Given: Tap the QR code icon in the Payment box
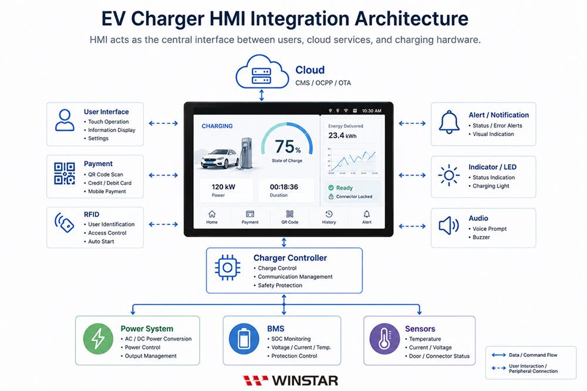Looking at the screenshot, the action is [65, 173].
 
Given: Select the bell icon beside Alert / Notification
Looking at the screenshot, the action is [449, 122].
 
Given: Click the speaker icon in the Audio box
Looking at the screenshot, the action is [448, 225].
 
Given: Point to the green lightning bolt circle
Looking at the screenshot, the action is [98, 339].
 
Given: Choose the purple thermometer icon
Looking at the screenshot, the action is [384, 339].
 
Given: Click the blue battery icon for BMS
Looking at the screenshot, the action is [244, 339].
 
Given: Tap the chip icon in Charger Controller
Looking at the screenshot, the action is [227, 267].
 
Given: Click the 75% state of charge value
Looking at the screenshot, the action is [288, 146].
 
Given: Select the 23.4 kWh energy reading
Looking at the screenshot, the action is [342, 136].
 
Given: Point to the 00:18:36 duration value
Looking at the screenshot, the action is [284, 187].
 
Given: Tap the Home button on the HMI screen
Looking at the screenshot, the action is [212, 217].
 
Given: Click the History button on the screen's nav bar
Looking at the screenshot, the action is [329, 217].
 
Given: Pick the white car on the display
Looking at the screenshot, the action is [220, 159].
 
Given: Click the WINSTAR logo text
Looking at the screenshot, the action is [305, 380].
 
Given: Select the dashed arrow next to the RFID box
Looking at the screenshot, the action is [163, 224].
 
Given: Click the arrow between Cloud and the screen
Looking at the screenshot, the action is [262, 95].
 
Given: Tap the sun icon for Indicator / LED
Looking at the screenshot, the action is [449, 175].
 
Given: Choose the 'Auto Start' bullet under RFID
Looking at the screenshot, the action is [101, 241].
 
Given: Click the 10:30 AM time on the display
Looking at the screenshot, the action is [372, 111].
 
